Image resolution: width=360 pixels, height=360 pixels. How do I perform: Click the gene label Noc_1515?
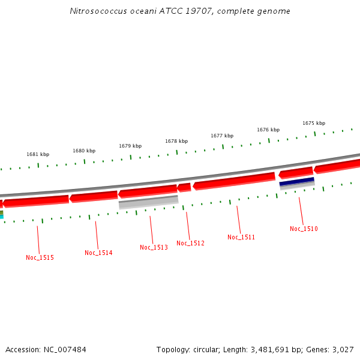40,257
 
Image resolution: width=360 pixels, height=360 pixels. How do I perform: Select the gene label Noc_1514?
98,253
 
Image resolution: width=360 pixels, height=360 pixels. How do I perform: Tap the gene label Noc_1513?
154,247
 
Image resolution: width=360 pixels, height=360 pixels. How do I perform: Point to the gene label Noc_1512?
190,243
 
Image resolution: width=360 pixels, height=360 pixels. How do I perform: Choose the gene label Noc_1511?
241,237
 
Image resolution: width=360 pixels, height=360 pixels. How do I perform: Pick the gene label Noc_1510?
304,229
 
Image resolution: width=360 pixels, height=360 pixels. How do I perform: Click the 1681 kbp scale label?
38,154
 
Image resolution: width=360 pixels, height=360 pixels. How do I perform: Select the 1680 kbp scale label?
84,151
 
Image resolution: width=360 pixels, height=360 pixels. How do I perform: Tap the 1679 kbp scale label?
130,146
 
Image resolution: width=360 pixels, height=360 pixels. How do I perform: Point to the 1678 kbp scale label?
176,141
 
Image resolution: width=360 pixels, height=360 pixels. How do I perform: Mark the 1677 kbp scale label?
222,136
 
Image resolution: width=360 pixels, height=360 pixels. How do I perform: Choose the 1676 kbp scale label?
268,130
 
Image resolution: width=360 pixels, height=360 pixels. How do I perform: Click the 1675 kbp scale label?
314,123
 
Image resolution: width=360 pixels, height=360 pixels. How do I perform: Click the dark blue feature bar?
297,181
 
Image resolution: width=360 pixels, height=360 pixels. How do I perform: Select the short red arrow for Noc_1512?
184,188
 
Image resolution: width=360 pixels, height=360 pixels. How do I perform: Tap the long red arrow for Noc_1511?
234,181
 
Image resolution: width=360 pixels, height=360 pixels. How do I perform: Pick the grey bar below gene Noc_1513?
148,202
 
